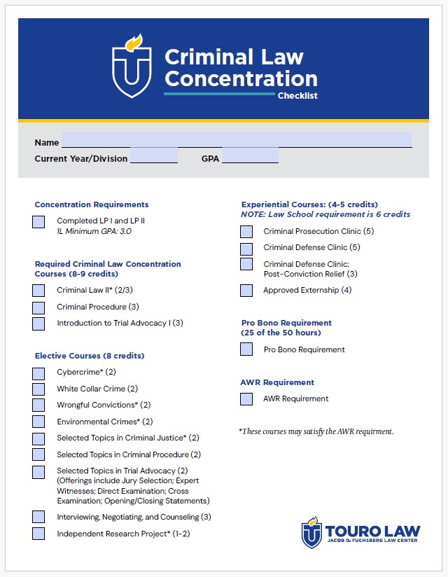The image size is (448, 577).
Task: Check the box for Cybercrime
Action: point(38,373)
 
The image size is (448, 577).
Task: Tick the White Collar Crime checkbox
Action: point(38,389)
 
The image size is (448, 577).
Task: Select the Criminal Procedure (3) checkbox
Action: point(38,307)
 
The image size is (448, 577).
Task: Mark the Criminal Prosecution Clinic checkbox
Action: point(246,232)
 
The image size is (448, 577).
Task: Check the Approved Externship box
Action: point(246,291)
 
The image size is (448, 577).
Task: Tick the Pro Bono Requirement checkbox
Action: point(246,349)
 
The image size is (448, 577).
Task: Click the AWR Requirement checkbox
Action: point(246,399)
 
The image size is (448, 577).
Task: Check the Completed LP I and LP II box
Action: point(38,222)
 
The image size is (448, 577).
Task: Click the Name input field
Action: point(237,140)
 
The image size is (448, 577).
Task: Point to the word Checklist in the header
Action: point(297,96)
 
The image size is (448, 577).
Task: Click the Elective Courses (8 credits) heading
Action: point(90,356)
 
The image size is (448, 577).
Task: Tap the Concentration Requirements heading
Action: point(92,204)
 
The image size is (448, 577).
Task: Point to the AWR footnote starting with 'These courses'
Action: point(316,431)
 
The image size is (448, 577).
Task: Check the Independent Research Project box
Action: point(38,534)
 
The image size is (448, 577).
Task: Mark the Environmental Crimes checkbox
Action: point(38,422)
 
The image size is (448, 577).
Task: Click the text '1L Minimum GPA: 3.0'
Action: point(94,230)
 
